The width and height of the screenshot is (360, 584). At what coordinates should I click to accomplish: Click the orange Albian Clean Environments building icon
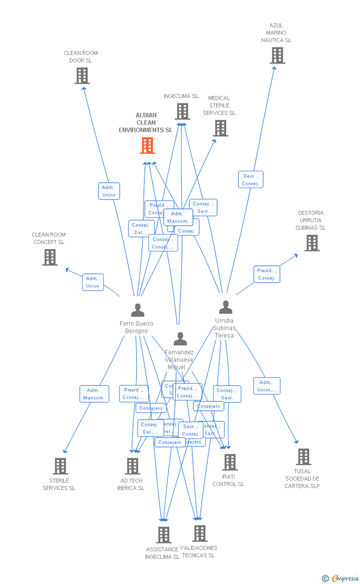[x=147, y=146]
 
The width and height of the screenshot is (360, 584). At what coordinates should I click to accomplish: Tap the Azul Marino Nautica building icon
[x=277, y=55]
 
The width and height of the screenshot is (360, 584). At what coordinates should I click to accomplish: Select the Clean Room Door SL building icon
[x=82, y=76]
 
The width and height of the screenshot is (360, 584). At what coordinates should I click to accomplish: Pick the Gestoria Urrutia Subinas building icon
[x=312, y=243]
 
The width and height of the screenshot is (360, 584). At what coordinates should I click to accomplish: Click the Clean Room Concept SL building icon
[x=50, y=257]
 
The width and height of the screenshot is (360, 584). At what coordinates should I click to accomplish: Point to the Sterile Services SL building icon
[x=60, y=466]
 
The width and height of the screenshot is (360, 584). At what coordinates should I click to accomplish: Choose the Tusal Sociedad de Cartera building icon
[x=303, y=457]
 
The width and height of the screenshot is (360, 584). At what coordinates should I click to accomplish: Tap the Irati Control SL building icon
[x=229, y=462]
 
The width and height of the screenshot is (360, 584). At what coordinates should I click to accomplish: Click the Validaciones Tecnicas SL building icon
[x=200, y=534]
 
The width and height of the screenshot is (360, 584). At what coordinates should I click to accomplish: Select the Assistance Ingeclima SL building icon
[x=164, y=535]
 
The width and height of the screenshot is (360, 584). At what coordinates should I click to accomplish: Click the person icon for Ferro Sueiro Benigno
[x=137, y=310]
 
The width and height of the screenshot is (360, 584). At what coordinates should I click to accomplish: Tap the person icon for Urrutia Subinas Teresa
[x=225, y=307]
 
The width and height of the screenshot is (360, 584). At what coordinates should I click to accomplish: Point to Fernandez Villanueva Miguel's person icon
[x=180, y=339]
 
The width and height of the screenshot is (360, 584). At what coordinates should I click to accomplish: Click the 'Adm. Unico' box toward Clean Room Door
[x=109, y=191]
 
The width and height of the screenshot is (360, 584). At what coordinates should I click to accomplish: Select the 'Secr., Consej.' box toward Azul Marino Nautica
[x=250, y=180]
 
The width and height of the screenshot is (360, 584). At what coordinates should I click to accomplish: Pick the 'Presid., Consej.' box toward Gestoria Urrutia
[x=267, y=274]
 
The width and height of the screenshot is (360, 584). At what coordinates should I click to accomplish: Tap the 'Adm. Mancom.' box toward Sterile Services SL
[x=94, y=394]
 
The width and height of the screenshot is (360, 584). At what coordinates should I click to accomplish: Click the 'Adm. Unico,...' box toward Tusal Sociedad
[x=267, y=386]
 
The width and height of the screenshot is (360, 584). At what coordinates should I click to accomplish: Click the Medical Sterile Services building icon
[x=220, y=128]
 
